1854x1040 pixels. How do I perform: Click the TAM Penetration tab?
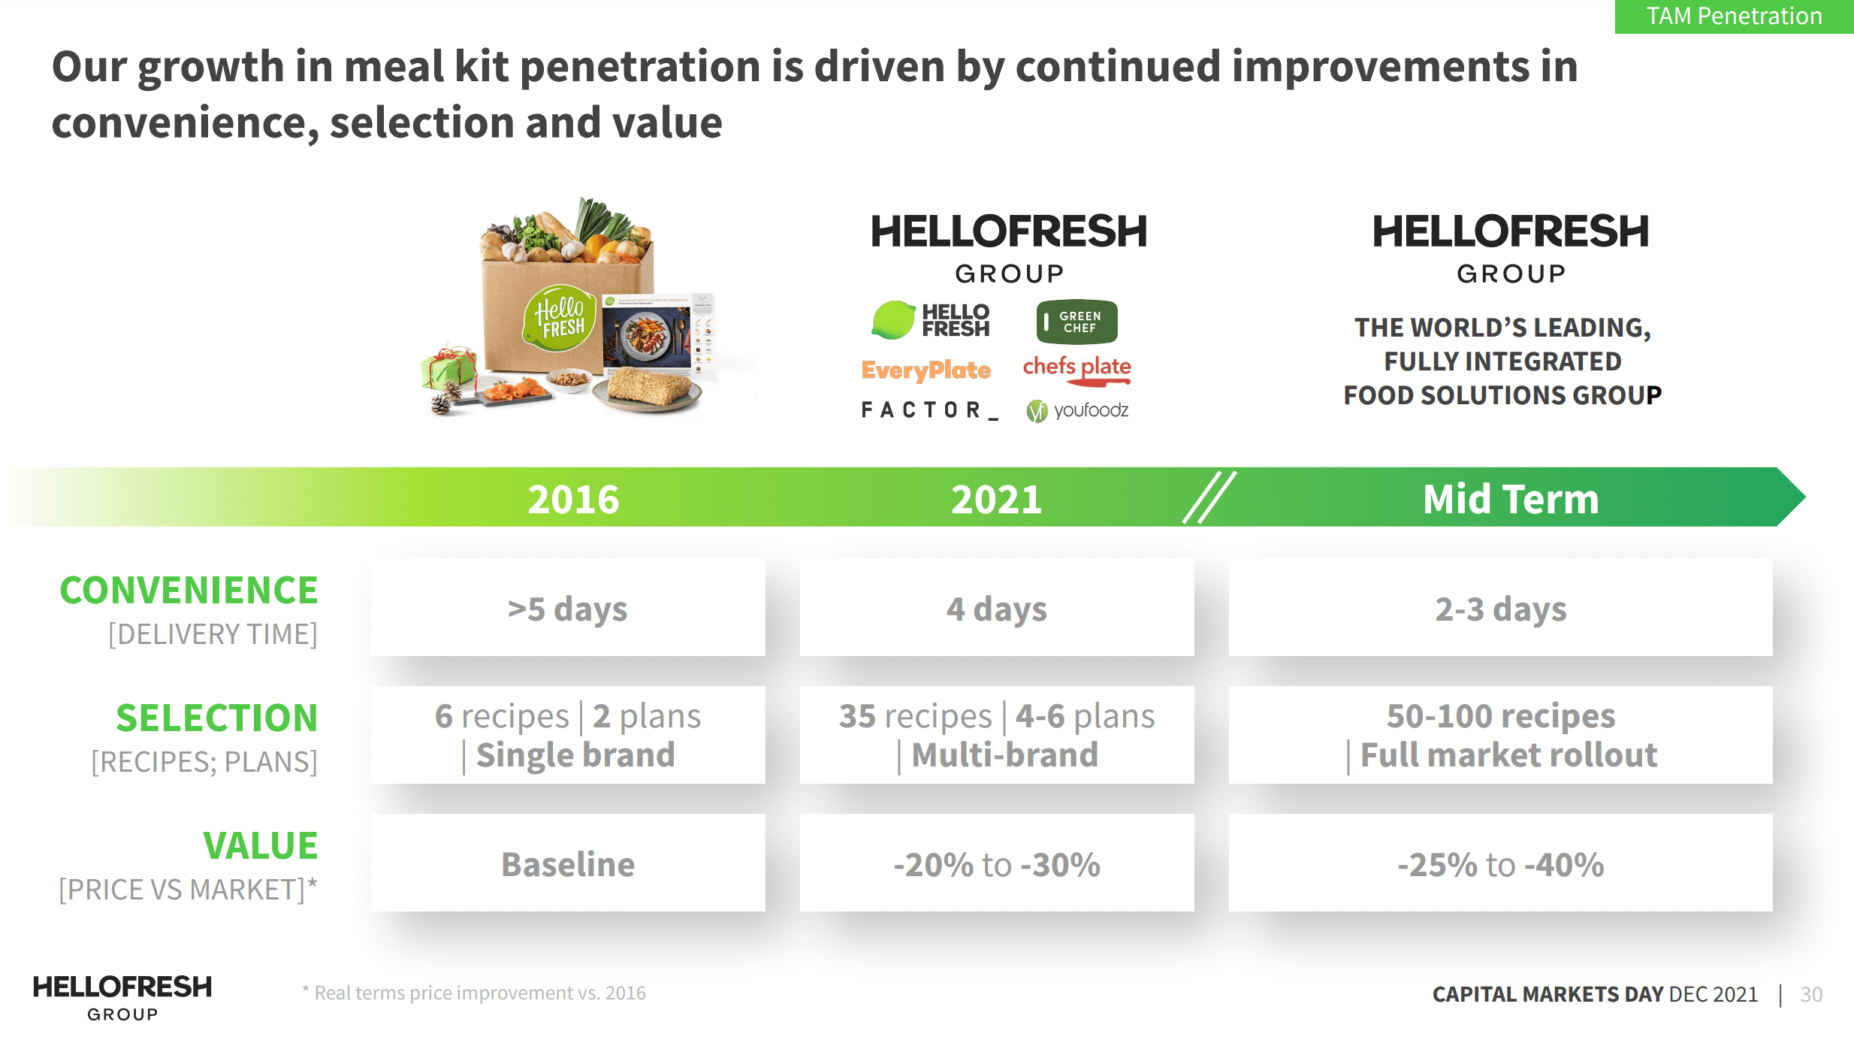click(1734, 17)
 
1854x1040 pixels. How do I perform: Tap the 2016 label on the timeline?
click(573, 500)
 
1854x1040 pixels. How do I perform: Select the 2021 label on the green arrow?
click(996, 500)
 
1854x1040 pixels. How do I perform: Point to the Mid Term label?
click(1510, 500)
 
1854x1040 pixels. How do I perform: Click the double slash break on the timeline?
click(1209, 497)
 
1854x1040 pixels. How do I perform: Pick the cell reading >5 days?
click(568, 608)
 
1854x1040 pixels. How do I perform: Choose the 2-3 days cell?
click(1500, 608)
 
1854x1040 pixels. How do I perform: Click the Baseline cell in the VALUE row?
click(568, 863)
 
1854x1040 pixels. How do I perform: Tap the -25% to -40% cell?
click(1500, 863)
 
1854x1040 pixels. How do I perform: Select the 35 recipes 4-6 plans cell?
click(996, 735)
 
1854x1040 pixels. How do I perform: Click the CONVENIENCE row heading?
click(189, 591)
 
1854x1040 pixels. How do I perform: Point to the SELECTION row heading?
click(216, 718)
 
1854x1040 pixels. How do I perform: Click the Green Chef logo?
click(1076, 322)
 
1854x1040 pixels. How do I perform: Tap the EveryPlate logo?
click(925, 370)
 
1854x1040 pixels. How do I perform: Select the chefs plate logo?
click(1076, 369)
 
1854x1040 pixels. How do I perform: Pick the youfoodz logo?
click(1077, 410)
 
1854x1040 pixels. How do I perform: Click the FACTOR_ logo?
click(929, 410)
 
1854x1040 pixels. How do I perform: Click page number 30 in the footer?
click(1811, 994)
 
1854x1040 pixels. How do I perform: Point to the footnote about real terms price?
click(474, 993)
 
